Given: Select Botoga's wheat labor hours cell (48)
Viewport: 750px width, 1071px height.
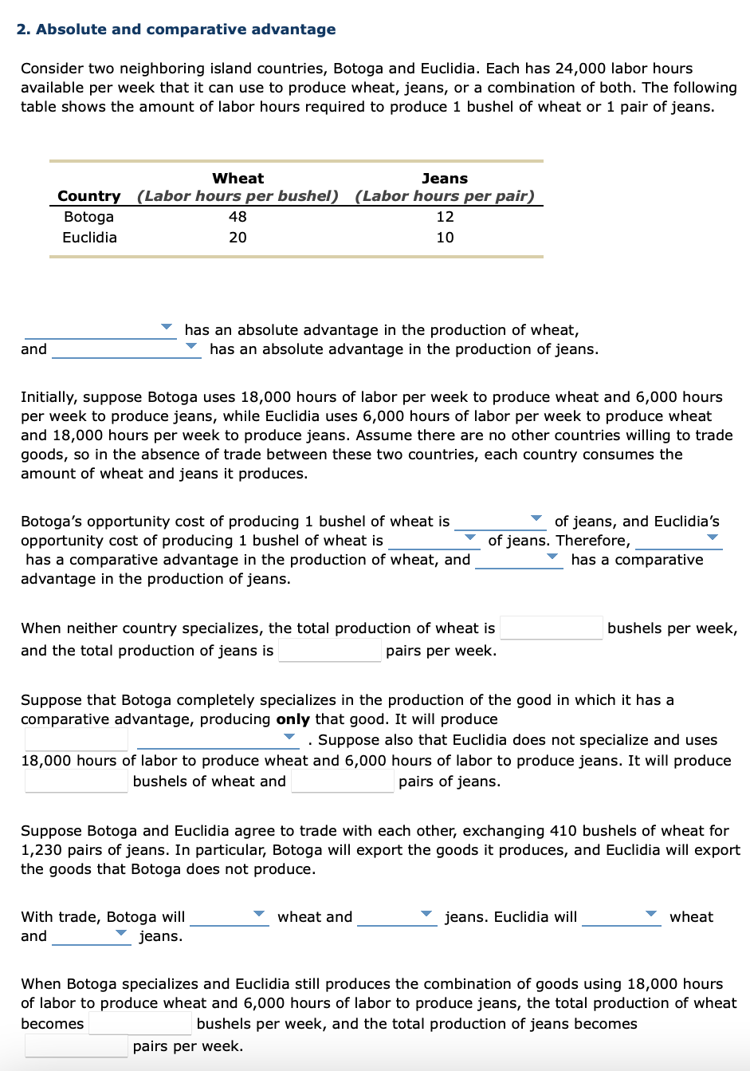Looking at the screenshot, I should (x=238, y=217).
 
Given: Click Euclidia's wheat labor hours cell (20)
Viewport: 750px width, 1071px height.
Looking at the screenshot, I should (x=238, y=238).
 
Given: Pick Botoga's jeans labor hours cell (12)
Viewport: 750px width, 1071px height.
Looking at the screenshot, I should (x=445, y=217).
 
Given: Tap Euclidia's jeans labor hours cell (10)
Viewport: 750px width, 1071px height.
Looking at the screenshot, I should (x=445, y=238).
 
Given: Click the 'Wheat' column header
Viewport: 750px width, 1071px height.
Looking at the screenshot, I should (x=238, y=179).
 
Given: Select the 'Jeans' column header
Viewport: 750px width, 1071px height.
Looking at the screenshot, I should (x=445, y=179).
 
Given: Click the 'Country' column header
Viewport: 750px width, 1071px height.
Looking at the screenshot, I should (x=89, y=196).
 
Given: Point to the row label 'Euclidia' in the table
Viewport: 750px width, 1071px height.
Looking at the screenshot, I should (x=89, y=238).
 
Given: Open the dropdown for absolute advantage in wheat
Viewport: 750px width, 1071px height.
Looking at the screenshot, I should (x=100, y=329).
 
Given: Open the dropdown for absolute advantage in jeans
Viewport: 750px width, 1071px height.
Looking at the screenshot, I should (x=126, y=348).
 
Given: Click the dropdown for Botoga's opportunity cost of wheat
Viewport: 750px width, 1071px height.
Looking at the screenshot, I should (x=500, y=521).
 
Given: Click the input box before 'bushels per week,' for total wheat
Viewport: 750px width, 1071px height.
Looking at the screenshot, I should (x=551, y=628).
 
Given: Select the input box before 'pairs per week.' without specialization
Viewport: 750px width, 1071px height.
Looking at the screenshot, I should (x=329, y=650).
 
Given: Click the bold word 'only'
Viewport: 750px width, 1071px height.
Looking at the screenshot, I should (x=293, y=719).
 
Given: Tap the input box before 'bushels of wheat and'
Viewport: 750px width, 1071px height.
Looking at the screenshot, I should (x=76, y=782).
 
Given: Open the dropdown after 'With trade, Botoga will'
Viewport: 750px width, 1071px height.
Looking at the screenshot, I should (x=229, y=916).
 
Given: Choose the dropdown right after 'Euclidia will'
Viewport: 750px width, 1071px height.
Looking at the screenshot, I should (x=621, y=916).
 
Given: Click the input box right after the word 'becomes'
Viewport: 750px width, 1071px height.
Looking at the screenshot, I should (x=139, y=1023).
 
